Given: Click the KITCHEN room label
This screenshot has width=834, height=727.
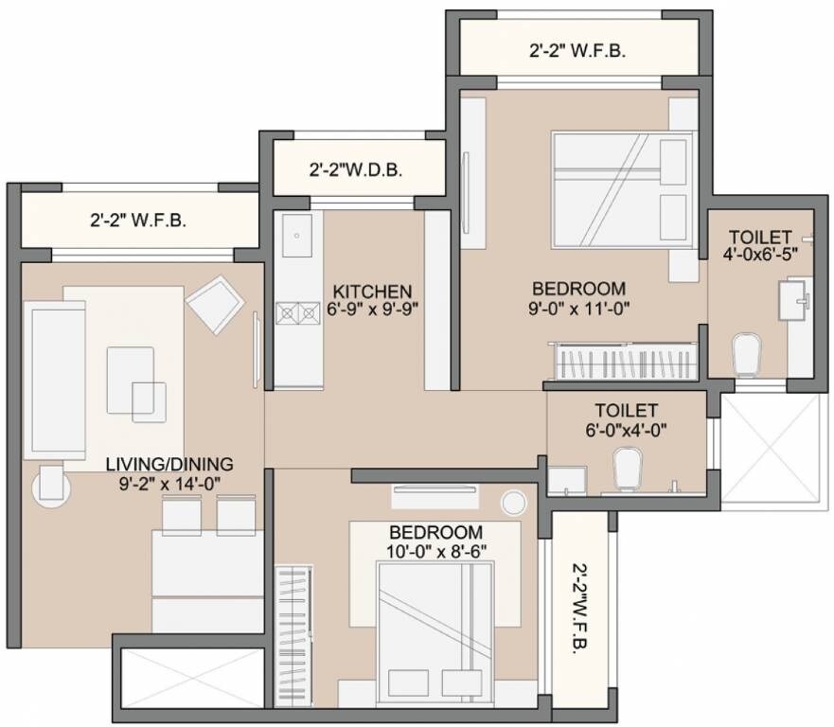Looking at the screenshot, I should coord(372,291).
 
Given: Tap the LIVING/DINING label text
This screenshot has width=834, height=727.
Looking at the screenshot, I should coord(169,464).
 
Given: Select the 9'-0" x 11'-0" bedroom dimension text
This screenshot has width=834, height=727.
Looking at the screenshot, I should coord(578,307).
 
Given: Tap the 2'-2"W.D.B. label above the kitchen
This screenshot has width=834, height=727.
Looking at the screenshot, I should coord(356,170).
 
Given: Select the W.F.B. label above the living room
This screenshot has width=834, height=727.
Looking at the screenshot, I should coord(138,221).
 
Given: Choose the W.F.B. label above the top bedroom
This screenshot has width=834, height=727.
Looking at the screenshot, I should coord(577,52).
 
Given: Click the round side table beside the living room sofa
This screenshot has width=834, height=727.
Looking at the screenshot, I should coord(52,487).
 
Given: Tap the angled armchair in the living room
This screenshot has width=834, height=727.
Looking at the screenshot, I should coord(217,303).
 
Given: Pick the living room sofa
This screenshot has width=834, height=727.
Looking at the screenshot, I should coord(54,379).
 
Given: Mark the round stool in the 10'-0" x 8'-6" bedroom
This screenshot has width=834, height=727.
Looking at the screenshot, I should coord(514,502).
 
